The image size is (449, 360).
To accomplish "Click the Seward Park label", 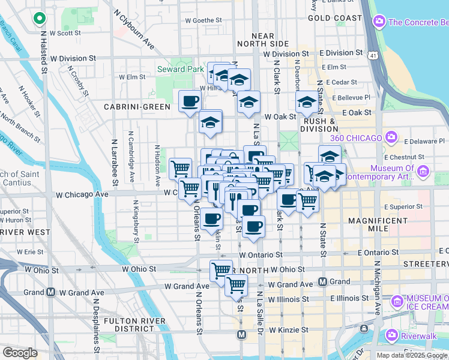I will tap(179, 69).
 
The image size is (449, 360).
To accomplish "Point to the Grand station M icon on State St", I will tap(322, 281).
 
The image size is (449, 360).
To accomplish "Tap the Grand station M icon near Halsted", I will tap(51, 292).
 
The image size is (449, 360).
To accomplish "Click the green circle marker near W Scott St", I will tap(40, 19).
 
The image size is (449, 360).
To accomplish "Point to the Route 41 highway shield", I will tap(374, 56).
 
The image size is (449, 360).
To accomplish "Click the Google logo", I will tap(20, 352).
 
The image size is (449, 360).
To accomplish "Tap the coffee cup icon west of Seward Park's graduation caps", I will tap(190, 101).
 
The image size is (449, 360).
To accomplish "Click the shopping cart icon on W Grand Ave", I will tap(236, 285).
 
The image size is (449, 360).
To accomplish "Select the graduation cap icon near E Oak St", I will tap(306, 102).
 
